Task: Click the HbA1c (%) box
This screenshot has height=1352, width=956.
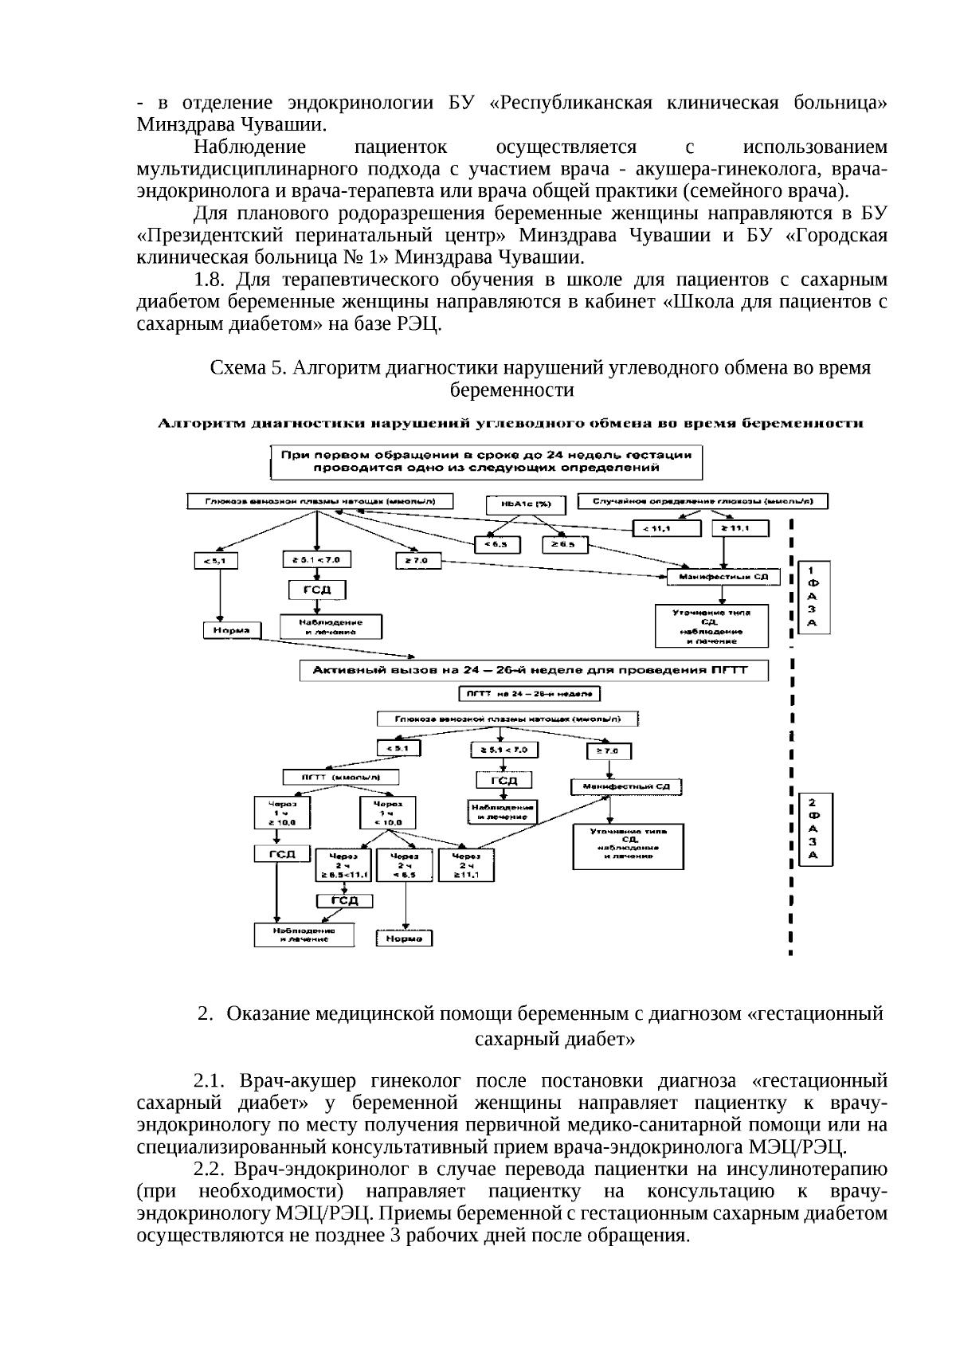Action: [526, 505]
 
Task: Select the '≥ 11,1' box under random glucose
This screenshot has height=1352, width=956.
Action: [746, 527]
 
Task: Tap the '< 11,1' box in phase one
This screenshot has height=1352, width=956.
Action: [666, 527]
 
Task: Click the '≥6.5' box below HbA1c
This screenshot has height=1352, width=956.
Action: [565, 545]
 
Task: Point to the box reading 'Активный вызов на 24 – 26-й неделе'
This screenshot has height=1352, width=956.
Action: [534, 671]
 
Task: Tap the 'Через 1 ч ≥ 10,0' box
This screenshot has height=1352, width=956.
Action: [276, 813]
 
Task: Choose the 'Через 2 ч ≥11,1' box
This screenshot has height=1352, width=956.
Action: [466, 864]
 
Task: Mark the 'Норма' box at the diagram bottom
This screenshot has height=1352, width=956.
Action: [404, 939]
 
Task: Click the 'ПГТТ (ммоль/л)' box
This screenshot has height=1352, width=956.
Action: [341, 777]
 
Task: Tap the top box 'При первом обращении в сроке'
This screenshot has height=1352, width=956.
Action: [486, 461]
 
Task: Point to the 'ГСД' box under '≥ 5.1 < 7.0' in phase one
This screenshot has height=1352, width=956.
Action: [316, 590]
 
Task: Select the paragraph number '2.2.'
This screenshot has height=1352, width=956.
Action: [211, 1169]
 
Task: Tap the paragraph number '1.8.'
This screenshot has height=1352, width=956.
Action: [211, 280]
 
